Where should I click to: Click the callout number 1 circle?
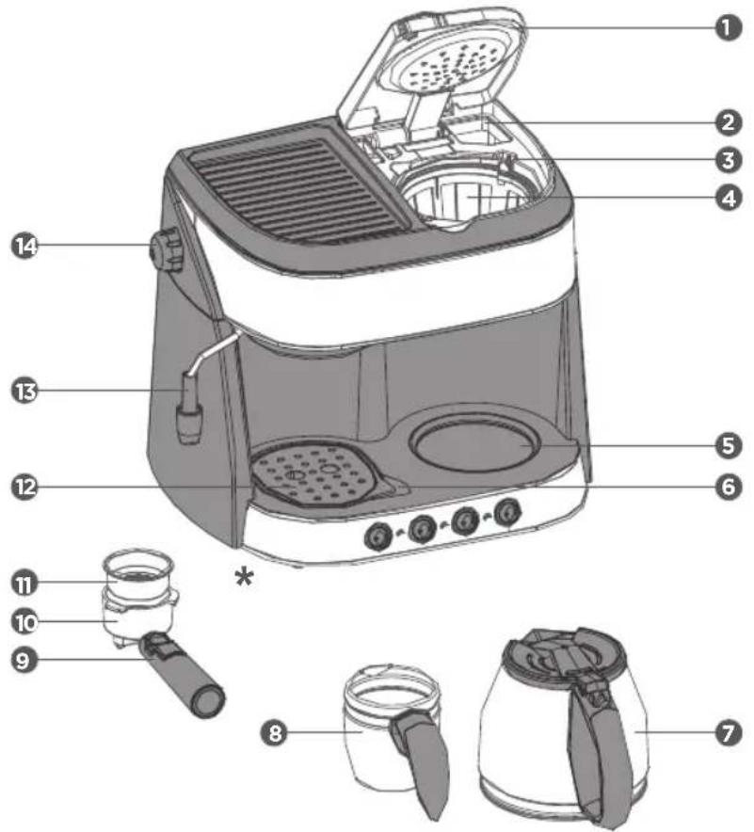click(x=729, y=27)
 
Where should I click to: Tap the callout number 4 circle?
click(x=729, y=199)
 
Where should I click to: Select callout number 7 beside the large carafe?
click(x=729, y=733)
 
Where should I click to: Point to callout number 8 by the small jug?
click(x=274, y=733)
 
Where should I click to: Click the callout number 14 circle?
click(x=24, y=247)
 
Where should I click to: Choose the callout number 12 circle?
click(x=24, y=487)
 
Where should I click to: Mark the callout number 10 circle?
click(x=24, y=622)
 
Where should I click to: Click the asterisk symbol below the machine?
click(x=244, y=576)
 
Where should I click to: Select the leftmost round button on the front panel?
click(x=378, y=536)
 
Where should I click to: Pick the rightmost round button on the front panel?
click(x=507, y=512)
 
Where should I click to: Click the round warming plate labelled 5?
click(x=475, y=443)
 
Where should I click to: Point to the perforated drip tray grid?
click(x=313, y=473)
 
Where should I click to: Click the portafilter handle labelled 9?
click(x=183, y=673)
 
